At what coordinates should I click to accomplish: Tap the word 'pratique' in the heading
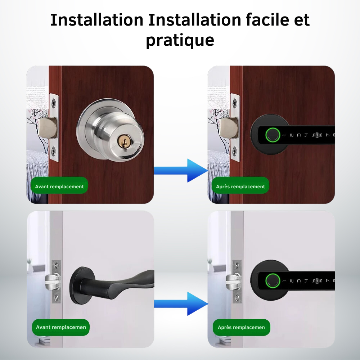coord(180,40)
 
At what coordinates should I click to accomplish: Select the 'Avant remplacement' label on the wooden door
coord(59,186)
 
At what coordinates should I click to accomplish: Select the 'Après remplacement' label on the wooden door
coord(240,186)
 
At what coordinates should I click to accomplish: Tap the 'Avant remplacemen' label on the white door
coord(61,327)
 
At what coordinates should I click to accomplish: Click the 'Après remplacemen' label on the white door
coord(241,327)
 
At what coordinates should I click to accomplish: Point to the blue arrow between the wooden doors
coord(181,171)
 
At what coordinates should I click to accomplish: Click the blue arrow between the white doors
coord(181,304)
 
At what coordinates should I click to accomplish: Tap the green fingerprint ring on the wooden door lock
coord(273,135)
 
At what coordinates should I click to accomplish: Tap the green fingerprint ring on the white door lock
coord(273,281)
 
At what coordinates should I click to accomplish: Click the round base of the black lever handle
coord(82,285)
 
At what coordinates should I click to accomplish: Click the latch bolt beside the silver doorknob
coord(48,128)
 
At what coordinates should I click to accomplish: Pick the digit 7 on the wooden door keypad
coord(328,135)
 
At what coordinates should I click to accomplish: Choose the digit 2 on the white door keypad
coord(292,281)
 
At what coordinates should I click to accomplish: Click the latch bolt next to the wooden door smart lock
coord(228,128)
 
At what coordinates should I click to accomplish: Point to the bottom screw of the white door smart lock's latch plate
coord(237,298)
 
